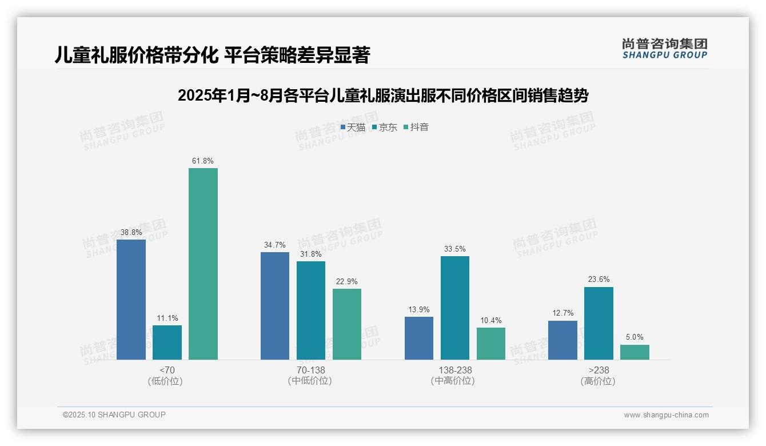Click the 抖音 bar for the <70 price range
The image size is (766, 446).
coord(203,264)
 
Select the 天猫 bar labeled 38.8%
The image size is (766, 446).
coord(131,300)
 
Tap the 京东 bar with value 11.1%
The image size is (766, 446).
coord(167,343)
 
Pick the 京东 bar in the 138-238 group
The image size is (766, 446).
coord(455,308)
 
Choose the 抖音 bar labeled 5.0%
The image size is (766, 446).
coord(635,352)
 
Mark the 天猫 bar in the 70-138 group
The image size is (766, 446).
coord(275,306)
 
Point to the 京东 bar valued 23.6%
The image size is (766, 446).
coord(599,323)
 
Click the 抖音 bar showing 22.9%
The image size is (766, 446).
coord(347,324)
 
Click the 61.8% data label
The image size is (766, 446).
coord(203,161)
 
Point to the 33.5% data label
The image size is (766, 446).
coord(455,249)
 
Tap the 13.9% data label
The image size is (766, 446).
coord(419,309)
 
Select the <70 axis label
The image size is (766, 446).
coord(167,370)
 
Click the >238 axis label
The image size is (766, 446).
coord(599,370)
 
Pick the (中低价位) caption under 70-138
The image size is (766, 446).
coord(310,381)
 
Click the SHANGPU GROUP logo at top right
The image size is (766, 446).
coord(665,49)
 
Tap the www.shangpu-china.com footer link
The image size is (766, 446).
coord(666,415)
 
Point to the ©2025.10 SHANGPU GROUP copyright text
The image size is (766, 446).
coord(114,415)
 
